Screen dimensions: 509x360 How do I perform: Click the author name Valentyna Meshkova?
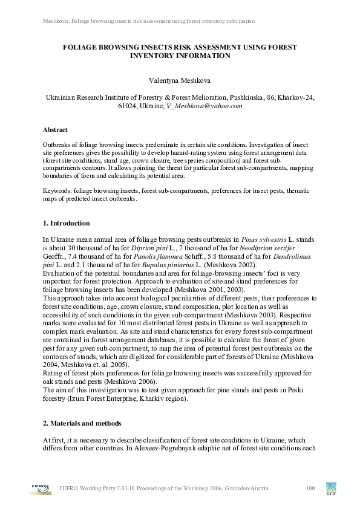(180, 80)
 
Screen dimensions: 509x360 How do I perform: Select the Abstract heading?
(55, 129)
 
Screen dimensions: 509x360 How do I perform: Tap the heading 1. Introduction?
(67, 223)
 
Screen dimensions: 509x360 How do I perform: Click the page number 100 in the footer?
(311, 488)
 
